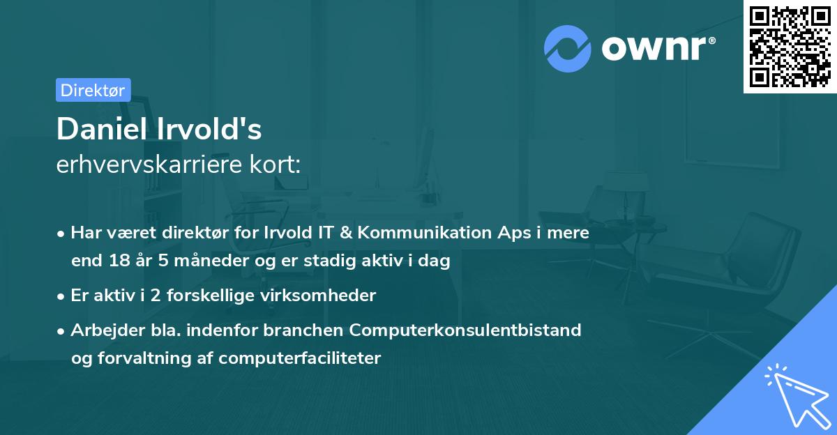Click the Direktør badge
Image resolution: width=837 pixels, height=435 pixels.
(93, 90)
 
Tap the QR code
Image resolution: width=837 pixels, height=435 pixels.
(790, 47)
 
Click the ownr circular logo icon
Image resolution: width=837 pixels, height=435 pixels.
(568, 47)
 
